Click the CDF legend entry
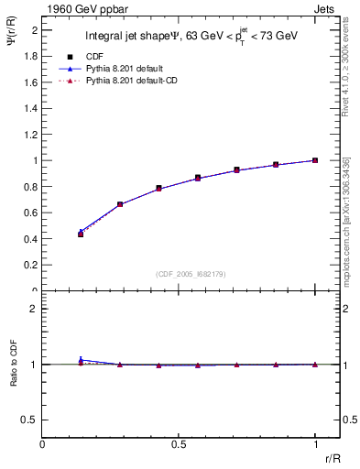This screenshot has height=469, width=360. click(96, 56)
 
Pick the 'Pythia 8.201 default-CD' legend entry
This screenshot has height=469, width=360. click(134, 82)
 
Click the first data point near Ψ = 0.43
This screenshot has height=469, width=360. click(81, 234)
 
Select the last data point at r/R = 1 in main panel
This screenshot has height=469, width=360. click(315, 160)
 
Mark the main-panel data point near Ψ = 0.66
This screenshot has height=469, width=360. click(120, 204)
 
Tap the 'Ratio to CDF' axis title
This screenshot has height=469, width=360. click(14, 364)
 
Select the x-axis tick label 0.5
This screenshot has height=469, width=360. click(179, 443)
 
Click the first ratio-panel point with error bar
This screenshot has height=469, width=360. click(81, 361)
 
